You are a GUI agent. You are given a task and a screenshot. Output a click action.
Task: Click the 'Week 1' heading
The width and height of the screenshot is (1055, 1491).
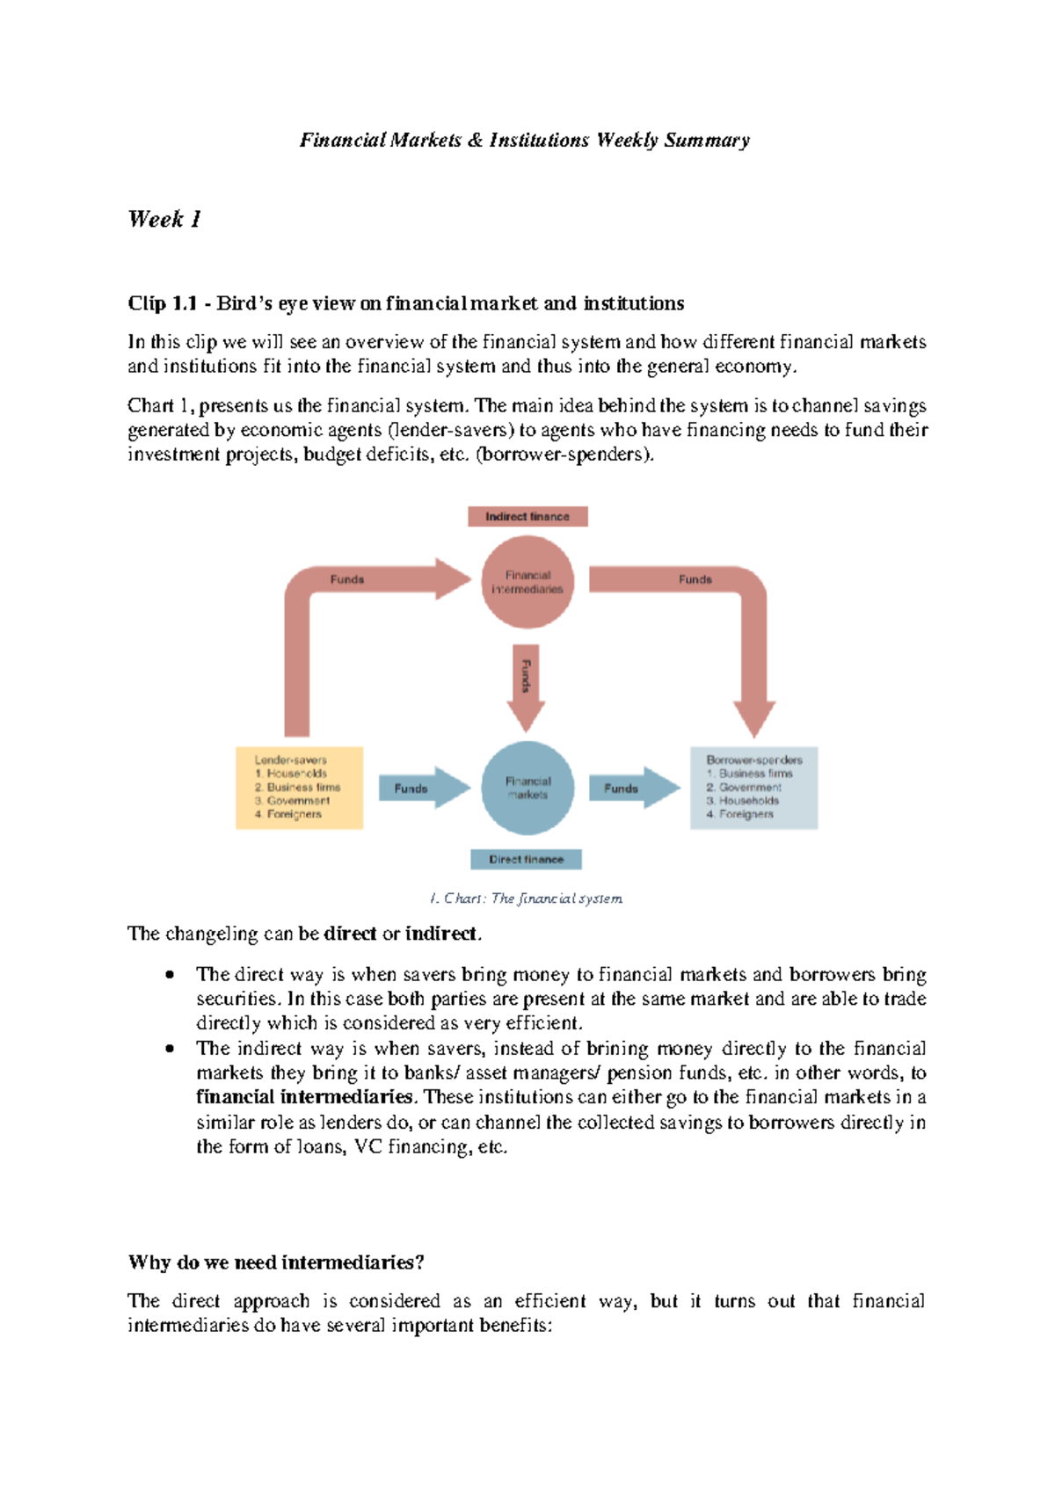tap(164, 219)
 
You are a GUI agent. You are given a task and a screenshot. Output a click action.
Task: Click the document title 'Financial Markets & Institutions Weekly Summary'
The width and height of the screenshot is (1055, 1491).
tap(525, 140)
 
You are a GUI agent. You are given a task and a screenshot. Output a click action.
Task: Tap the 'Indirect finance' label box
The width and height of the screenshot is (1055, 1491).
tap(527, 517)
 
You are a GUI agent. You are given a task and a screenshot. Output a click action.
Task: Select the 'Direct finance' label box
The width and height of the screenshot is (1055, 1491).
tap(526, 859)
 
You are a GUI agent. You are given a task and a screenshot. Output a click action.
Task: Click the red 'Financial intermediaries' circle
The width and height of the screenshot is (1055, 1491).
tap(527, 582)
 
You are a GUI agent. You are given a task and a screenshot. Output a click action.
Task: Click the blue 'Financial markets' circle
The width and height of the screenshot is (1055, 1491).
tap(527, 788)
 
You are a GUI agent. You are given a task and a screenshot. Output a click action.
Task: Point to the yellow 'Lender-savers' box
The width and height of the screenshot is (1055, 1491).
tap(299, 788)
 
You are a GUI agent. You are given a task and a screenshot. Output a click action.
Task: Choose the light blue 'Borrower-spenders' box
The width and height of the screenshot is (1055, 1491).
tap(753, 788)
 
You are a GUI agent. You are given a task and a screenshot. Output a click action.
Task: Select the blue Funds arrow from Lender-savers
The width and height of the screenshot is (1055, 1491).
tap(423, 789)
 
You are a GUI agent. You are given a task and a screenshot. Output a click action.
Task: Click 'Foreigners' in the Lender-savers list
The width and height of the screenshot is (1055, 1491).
tap(294, 814)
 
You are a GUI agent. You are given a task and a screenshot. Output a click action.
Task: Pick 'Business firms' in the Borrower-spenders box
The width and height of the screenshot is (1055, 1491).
tap(755, 774)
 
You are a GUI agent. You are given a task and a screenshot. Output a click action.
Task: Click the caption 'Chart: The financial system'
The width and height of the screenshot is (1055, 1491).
tap(526, 898)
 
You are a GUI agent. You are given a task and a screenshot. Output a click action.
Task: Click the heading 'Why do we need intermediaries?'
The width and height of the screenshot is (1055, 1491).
tap(276, 1262)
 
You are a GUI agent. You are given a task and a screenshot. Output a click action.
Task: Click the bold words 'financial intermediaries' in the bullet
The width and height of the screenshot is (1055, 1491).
tap(304, 1097)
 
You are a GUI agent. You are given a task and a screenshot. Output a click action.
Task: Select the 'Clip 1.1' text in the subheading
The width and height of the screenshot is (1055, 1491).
tap(162, 303)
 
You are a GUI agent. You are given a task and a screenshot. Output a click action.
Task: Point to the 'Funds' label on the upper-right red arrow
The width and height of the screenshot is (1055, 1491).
tap(695, 579)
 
